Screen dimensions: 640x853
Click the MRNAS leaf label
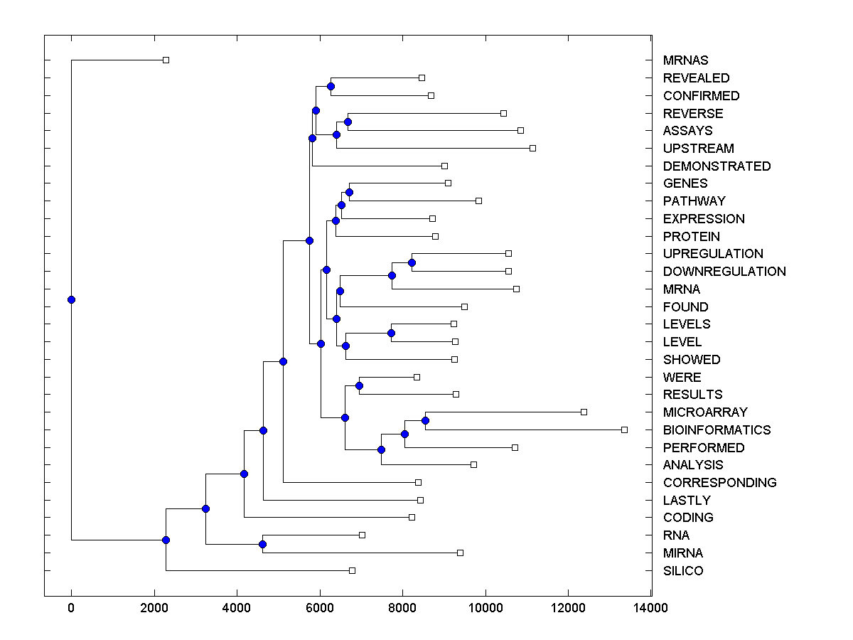[685, 60]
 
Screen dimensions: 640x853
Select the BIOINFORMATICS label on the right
[717, 430]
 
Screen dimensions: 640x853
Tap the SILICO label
[683, 571]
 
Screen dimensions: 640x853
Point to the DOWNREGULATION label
[724, 272]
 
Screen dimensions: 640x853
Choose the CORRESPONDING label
[719, 483]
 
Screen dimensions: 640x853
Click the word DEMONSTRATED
[717, 166]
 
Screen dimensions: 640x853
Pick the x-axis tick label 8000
[402, 608]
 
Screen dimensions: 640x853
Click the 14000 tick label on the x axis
[651, 608]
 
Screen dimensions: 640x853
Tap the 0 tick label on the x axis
[71, 608]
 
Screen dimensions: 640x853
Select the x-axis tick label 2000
[154, 608]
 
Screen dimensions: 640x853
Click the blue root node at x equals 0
[71, 299]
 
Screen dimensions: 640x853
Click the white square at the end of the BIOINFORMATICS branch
[624, 430]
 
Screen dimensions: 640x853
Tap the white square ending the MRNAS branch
[166, 60]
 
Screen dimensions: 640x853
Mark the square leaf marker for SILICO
[352, 570]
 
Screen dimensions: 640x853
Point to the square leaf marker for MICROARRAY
[584, 412]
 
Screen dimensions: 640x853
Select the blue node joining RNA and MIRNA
[262, 544]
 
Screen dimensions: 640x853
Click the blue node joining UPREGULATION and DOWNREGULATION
[412, 262]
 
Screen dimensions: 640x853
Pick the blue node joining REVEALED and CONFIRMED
[331, 86]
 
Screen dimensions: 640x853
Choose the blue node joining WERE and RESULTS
[359, 385]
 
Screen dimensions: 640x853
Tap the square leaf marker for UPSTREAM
[532, 148]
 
